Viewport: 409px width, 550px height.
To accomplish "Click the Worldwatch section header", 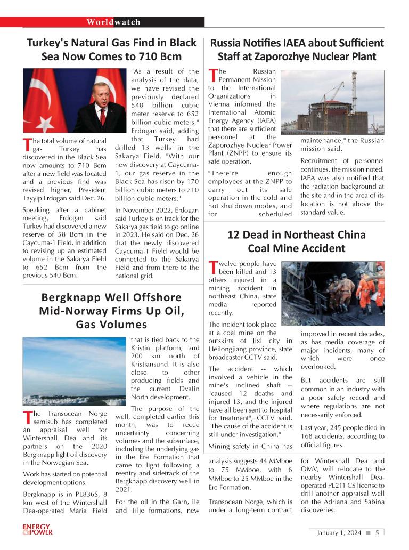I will click(x=113, y=22).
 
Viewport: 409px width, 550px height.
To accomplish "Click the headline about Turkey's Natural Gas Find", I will click(x=112, y=49).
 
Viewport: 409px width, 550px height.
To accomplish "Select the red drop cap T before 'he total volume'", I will click(x=27, y=144).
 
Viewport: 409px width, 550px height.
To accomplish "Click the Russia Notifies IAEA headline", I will click(x=297, y=49).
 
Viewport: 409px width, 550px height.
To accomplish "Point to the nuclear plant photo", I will click(x=332, y=101).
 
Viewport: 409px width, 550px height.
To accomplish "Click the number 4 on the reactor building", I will click(x=318, y=115).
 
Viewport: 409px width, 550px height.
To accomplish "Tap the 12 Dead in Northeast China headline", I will click(x=297, y=241).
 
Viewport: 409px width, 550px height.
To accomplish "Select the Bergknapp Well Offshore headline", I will click(x=112, y=311).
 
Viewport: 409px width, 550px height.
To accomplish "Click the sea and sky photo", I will click(x=74, y=371).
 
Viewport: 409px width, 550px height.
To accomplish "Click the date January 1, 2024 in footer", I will click(x=339, y=532).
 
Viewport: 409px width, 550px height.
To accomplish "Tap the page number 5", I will click(x=377, y=532).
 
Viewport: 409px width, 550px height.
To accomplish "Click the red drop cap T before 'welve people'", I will click(x=213, y=266).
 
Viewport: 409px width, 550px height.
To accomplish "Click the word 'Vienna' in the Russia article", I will click(x=220, y=104).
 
